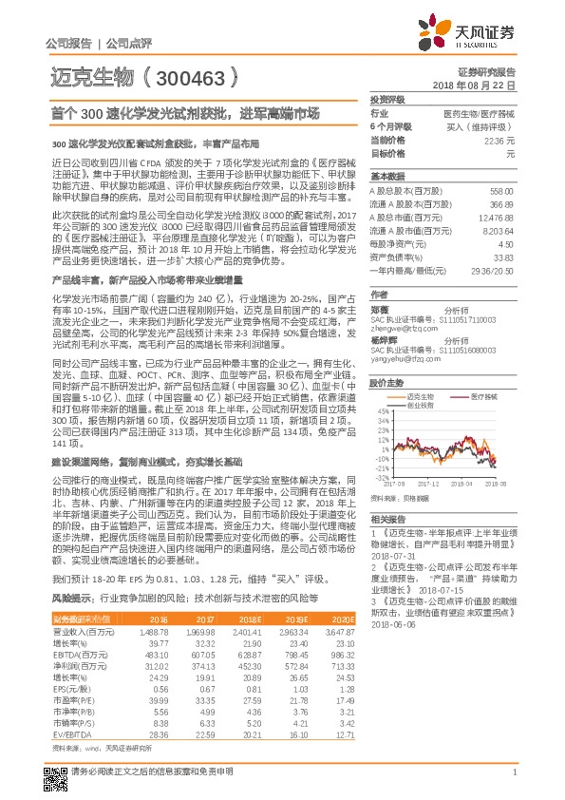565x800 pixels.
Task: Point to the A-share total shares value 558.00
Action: click(x=501, y=190)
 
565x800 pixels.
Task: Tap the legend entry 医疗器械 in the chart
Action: click(x=480, y=369)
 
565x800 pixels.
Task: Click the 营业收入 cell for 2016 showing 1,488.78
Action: click(x=153, y=631)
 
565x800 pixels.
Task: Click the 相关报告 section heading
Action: click(x=387, y=520)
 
